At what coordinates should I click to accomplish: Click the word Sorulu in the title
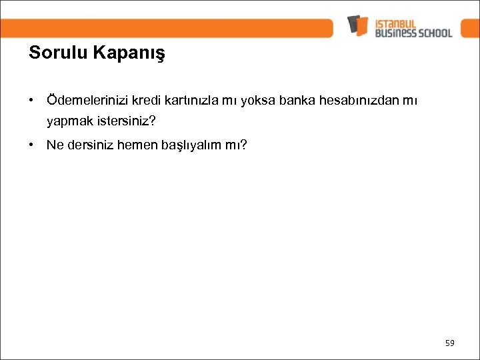tap(58, 53)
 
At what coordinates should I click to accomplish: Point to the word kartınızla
tap(197, 100)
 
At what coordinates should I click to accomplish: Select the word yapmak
tap(69, 122)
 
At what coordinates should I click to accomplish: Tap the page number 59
tap(449, 343)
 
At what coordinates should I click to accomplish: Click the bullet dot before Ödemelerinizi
tap(32, 100)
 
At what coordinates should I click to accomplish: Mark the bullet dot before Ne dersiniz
tap(32, 144)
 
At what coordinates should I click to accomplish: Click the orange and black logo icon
tap(357, 25)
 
